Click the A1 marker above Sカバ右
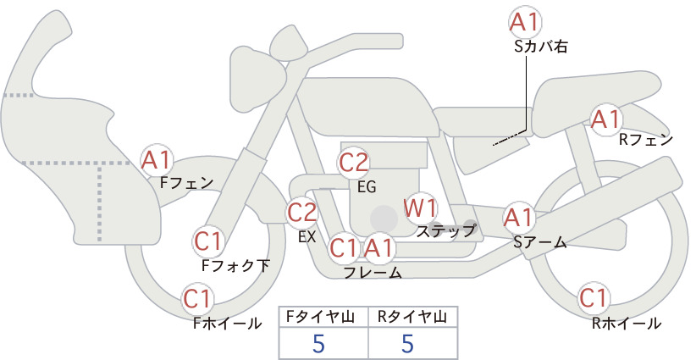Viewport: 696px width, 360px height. (525, 22)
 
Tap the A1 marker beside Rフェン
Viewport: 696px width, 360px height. (606, 119)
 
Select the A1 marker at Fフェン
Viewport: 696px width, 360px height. (156, 160)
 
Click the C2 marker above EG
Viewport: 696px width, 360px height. (353, 163)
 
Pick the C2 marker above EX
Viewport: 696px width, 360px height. (301, 213)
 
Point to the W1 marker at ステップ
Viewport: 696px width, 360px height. (420, 208)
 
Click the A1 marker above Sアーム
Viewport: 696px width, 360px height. (518, 218)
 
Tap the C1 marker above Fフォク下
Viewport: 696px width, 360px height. (208, 241)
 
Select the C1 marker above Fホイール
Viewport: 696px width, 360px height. (197, 299)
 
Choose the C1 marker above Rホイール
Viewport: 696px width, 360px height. (594, 298)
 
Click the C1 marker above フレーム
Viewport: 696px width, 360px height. (344, 247)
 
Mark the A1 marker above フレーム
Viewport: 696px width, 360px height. (378, 247)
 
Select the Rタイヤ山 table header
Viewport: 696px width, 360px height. (412, 317)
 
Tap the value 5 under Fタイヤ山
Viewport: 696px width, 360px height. (318, 344)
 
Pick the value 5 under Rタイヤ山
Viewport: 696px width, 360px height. (407, 344)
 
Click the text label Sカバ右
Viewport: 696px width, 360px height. (541, 47)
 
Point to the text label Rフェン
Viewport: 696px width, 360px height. (646, 140)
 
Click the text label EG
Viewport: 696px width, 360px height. (367, 187)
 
